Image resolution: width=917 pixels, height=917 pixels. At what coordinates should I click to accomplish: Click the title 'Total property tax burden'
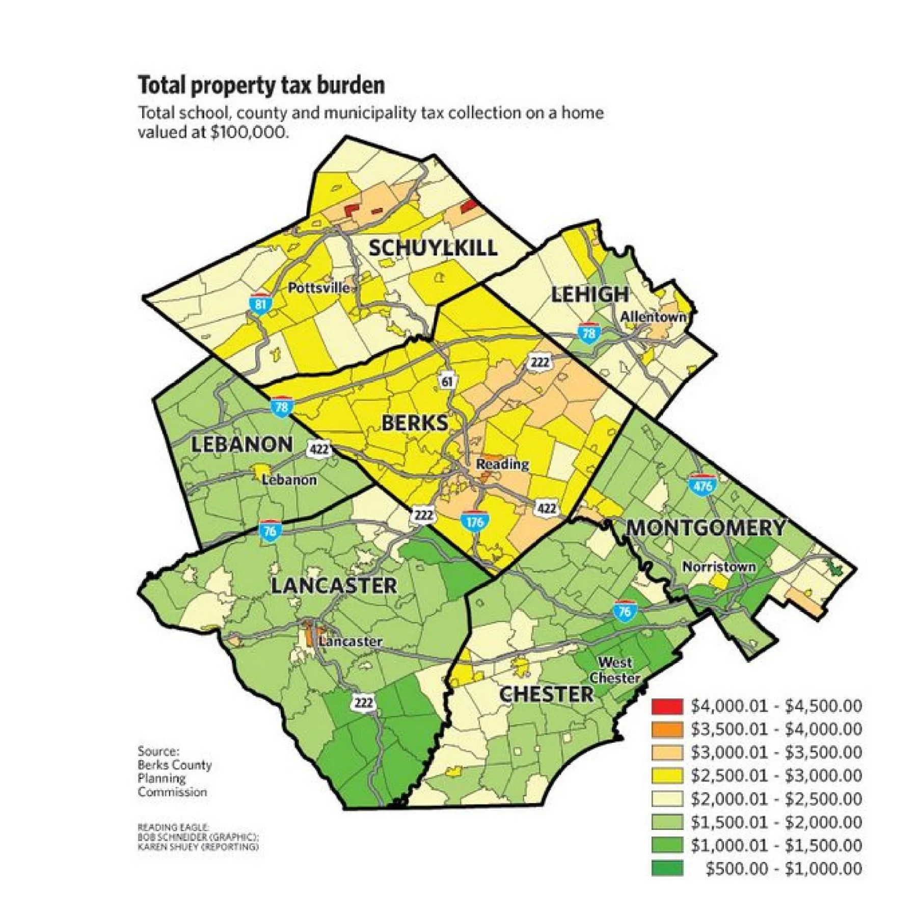coord(261,86)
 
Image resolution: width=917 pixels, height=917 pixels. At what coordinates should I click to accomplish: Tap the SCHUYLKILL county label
coord(433,248)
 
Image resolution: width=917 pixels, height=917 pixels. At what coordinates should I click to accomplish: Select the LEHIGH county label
coord(590,294)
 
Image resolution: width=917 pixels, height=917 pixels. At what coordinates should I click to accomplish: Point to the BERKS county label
coord(415,423)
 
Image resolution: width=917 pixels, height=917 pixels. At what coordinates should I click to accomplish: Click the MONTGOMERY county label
coord(706,528)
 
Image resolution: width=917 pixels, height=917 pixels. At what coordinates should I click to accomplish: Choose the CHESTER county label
coord(546,694)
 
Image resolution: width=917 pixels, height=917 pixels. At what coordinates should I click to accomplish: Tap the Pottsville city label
coord(319,288)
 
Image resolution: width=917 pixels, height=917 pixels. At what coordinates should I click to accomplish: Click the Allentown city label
coord(653,317)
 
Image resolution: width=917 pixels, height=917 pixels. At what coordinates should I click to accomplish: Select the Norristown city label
coord(719,567)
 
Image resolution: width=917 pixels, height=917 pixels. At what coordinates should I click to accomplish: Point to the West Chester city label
coord(615,670)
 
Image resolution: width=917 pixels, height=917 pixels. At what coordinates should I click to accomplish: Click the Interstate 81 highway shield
coord(260,304)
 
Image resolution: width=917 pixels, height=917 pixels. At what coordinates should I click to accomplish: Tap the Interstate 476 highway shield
coord(702,485)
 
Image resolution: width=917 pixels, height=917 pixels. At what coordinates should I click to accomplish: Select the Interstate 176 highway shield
coord(475,521)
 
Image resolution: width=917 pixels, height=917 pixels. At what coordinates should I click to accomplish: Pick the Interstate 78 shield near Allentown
coord(588,333)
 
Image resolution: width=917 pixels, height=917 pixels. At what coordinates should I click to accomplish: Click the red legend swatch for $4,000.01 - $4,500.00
coord(667,706)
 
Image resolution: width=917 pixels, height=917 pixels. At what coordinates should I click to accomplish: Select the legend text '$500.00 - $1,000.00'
coord(784,869)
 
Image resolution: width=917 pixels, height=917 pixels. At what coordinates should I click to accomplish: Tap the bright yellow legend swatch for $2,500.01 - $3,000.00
coord(667,775)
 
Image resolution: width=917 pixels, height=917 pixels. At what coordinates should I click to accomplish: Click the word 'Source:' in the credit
coord(158,751)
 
